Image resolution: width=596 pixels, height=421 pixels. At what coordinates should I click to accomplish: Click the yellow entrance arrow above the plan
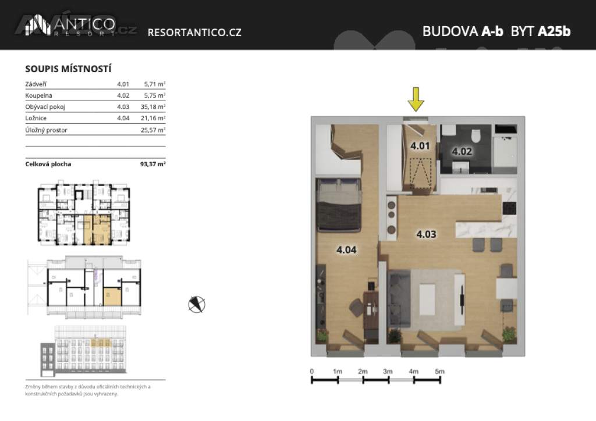415,99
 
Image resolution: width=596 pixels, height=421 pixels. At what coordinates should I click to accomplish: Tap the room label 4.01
419,146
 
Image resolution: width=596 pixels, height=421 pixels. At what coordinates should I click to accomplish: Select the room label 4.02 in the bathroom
462,152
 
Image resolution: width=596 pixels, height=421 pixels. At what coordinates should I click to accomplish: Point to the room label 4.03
426,235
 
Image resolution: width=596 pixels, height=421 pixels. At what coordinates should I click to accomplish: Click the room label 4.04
346,250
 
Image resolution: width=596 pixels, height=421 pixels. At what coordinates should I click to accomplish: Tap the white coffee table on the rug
427,297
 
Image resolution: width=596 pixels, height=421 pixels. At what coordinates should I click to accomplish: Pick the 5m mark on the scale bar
439,372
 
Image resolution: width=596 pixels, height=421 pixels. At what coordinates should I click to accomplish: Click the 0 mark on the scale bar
312,372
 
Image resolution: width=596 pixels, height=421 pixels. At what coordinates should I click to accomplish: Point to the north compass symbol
197,304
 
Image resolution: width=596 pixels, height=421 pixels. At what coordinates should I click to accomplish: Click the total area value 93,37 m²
152,164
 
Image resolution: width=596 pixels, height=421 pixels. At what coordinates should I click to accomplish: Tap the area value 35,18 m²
154,107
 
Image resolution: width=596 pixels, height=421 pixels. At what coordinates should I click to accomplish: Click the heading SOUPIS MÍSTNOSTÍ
69,69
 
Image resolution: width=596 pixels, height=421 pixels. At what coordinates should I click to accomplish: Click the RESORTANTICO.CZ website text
194,33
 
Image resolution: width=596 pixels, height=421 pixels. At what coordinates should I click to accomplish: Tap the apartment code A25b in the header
554,31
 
